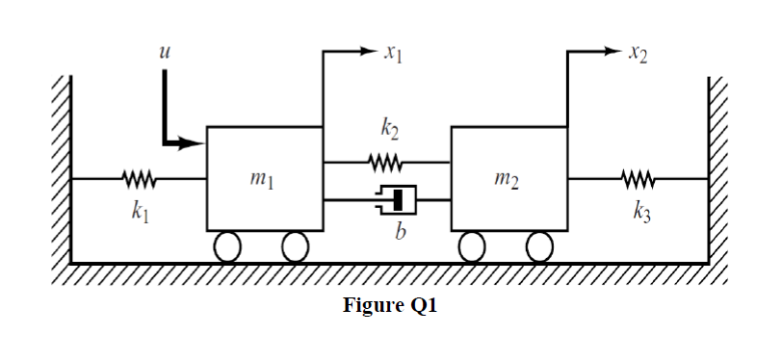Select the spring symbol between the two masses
point(386,162)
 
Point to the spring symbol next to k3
point(637,178)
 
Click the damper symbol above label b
point(387,200)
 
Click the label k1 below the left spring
point(136,211)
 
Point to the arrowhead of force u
point(198,144)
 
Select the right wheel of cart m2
point(542,247)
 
